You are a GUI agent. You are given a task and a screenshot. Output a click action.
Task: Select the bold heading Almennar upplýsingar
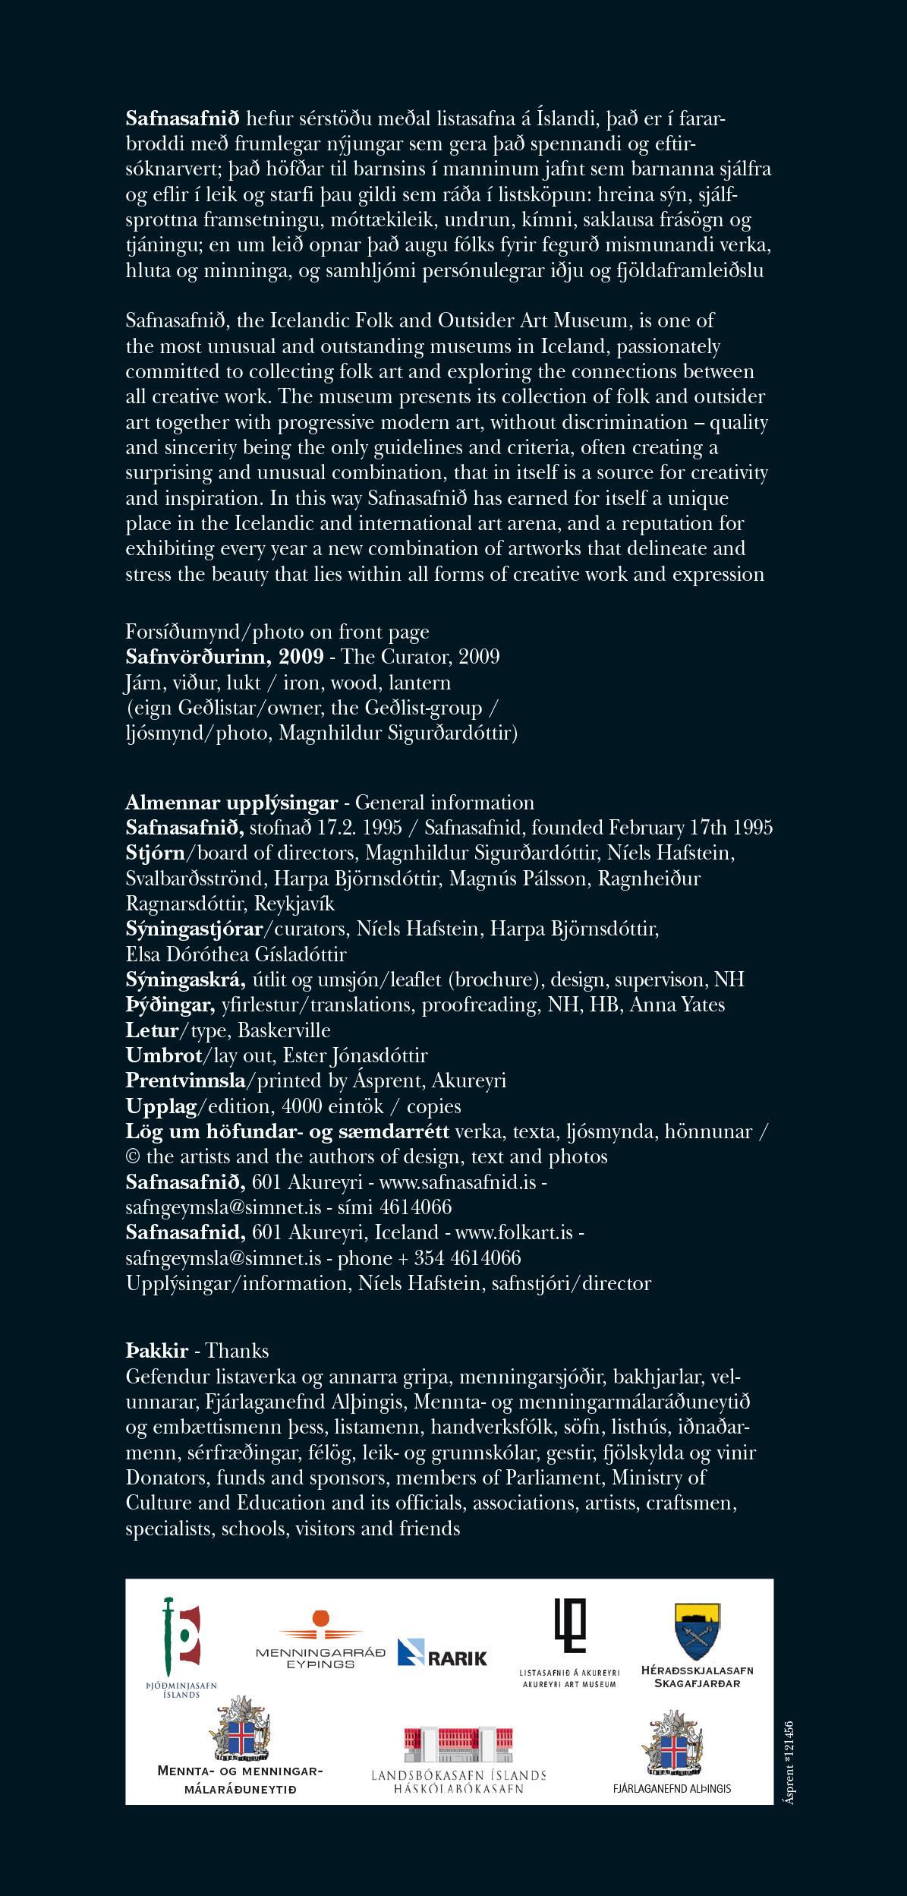[231, 803]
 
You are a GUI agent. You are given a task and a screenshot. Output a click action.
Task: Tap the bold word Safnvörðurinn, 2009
[225, 657]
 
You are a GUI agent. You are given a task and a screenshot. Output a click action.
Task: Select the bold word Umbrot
[163, 1055]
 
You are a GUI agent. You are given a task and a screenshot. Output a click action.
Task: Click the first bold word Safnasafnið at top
[183, 118]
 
